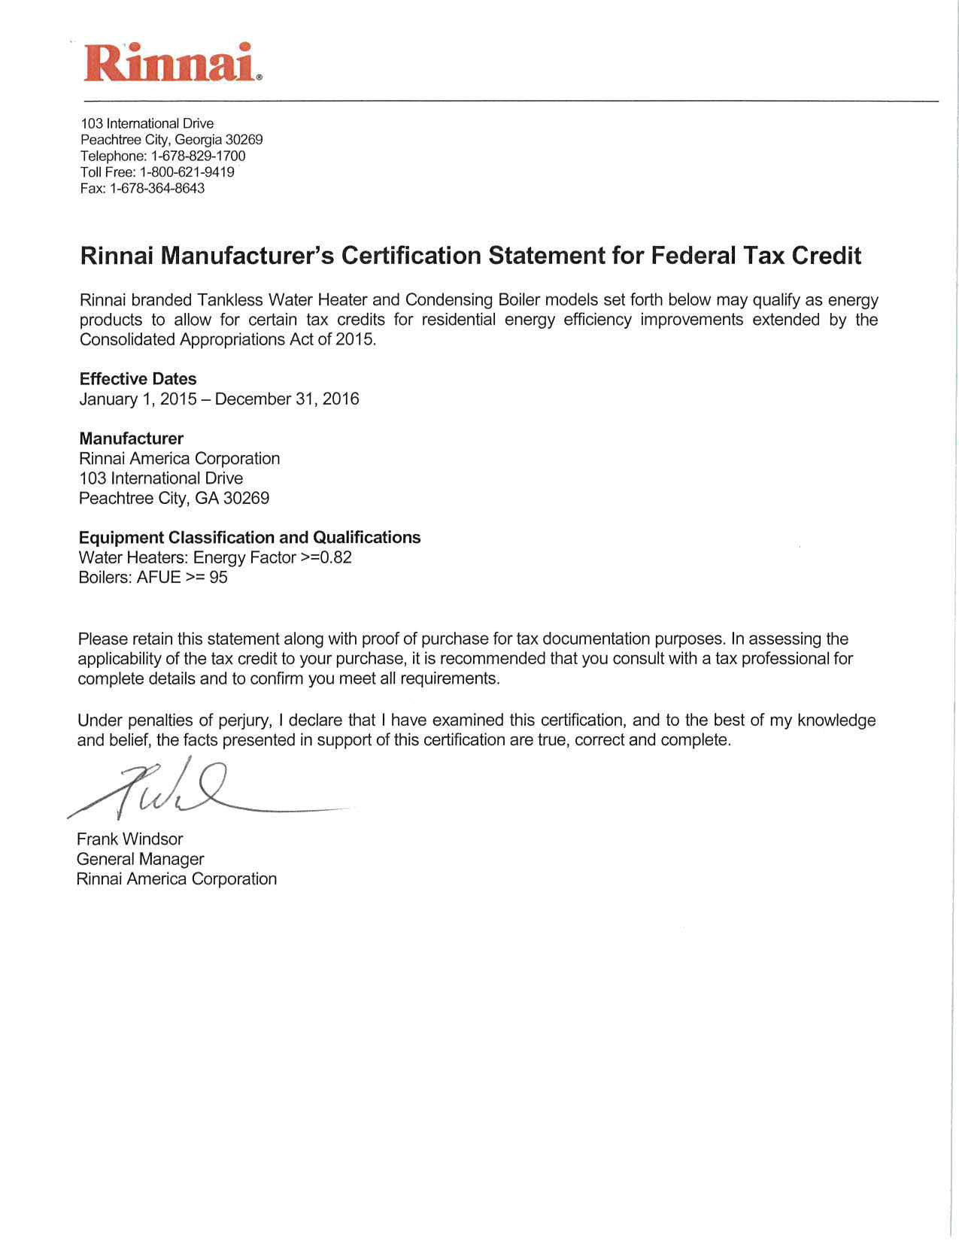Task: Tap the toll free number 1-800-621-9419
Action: tap(187, 172)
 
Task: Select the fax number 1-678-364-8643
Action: tap(157, 189)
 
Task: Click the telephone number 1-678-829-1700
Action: tap(198, 156)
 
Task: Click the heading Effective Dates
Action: tap(138, 379)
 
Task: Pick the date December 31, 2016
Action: tap(287, 399)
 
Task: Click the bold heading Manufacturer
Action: tap(131, 438)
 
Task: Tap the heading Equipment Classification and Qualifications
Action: tap(250, 538)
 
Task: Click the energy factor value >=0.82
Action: tap(326, 557)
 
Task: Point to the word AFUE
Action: tap(159, 578)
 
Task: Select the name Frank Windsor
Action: tap(129, 839)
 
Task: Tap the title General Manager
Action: tap(140, 859)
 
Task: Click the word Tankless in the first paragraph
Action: tap(229, 300)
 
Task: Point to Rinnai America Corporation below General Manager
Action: tap(177, 879)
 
